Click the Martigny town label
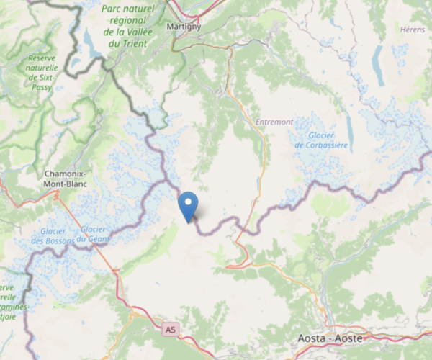point(184,27)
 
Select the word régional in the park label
point(128,21)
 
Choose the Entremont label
point(274,122)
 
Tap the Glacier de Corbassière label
point(320,140)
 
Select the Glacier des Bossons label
point(53,235)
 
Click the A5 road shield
point(169,330)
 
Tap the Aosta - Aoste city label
point(330,338)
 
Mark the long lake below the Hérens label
point(377,66)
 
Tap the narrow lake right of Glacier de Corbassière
point(349,130)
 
